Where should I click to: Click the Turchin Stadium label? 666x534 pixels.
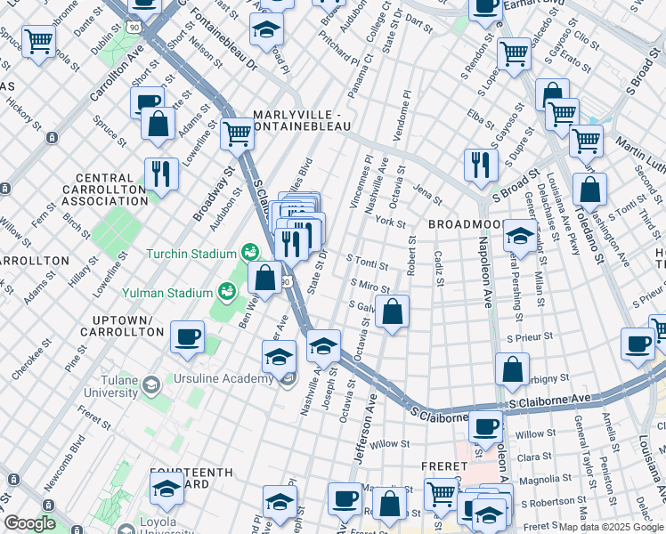(191, 254)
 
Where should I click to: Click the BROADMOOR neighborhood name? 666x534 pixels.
(465, 225)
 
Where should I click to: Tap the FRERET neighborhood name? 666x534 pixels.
(444, 466)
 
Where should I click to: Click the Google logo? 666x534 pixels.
(29, 523)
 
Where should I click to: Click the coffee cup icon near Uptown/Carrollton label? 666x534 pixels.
(187, 338)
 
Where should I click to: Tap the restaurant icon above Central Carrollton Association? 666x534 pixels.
(161, 172)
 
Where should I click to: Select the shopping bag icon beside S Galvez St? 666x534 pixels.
(392, 312)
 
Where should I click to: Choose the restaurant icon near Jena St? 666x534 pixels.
(479, 163)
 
